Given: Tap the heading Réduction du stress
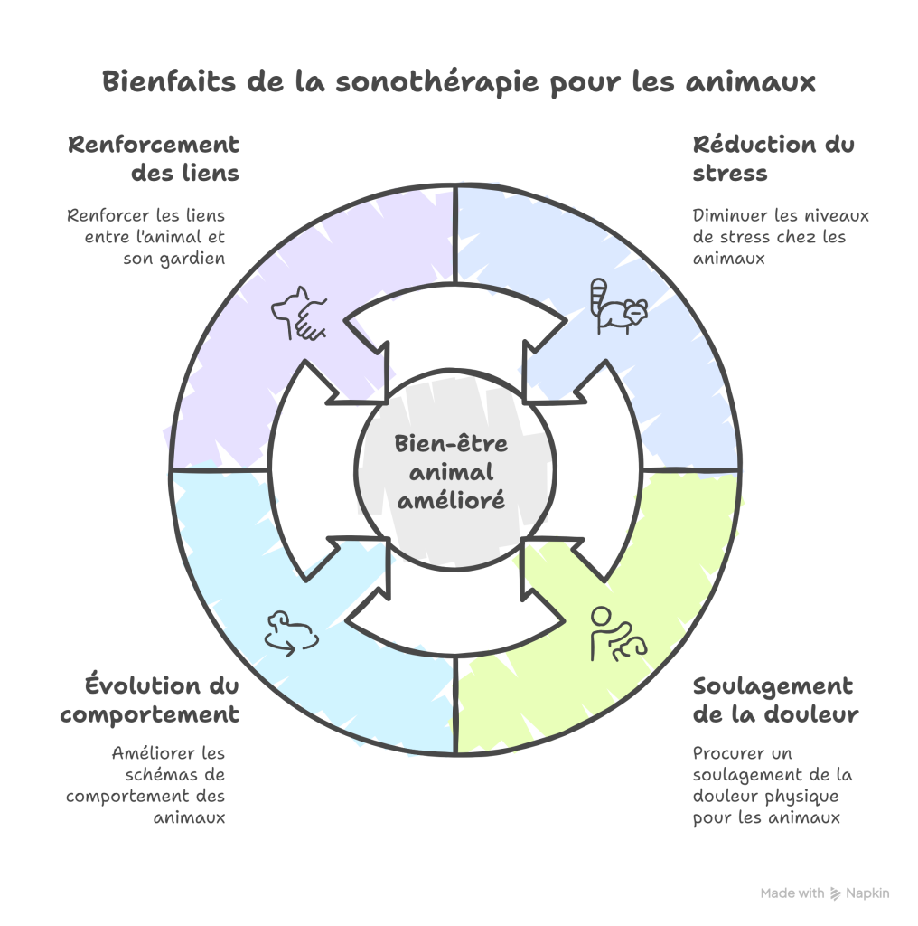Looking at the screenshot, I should (773, 158).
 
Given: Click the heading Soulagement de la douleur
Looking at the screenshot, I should (774, 700).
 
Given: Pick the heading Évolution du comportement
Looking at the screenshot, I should (150, 700).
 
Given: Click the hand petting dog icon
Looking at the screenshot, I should (300, 313).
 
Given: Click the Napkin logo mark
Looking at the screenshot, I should (836, 893).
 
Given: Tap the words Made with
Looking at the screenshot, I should (792, 893).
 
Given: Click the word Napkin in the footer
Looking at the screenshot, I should (868, 893).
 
